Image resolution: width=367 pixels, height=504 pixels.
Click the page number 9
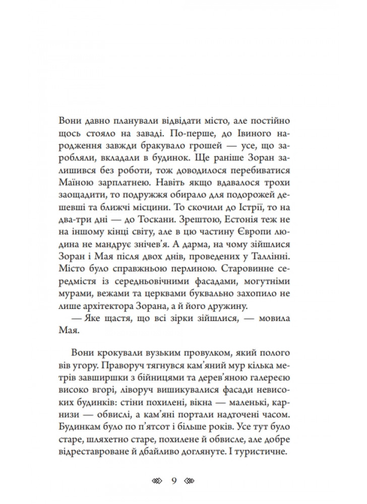pyautogui.click(x=173, y=479)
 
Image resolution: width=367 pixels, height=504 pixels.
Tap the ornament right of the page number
pyautogui.click(x=190, y=479)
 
